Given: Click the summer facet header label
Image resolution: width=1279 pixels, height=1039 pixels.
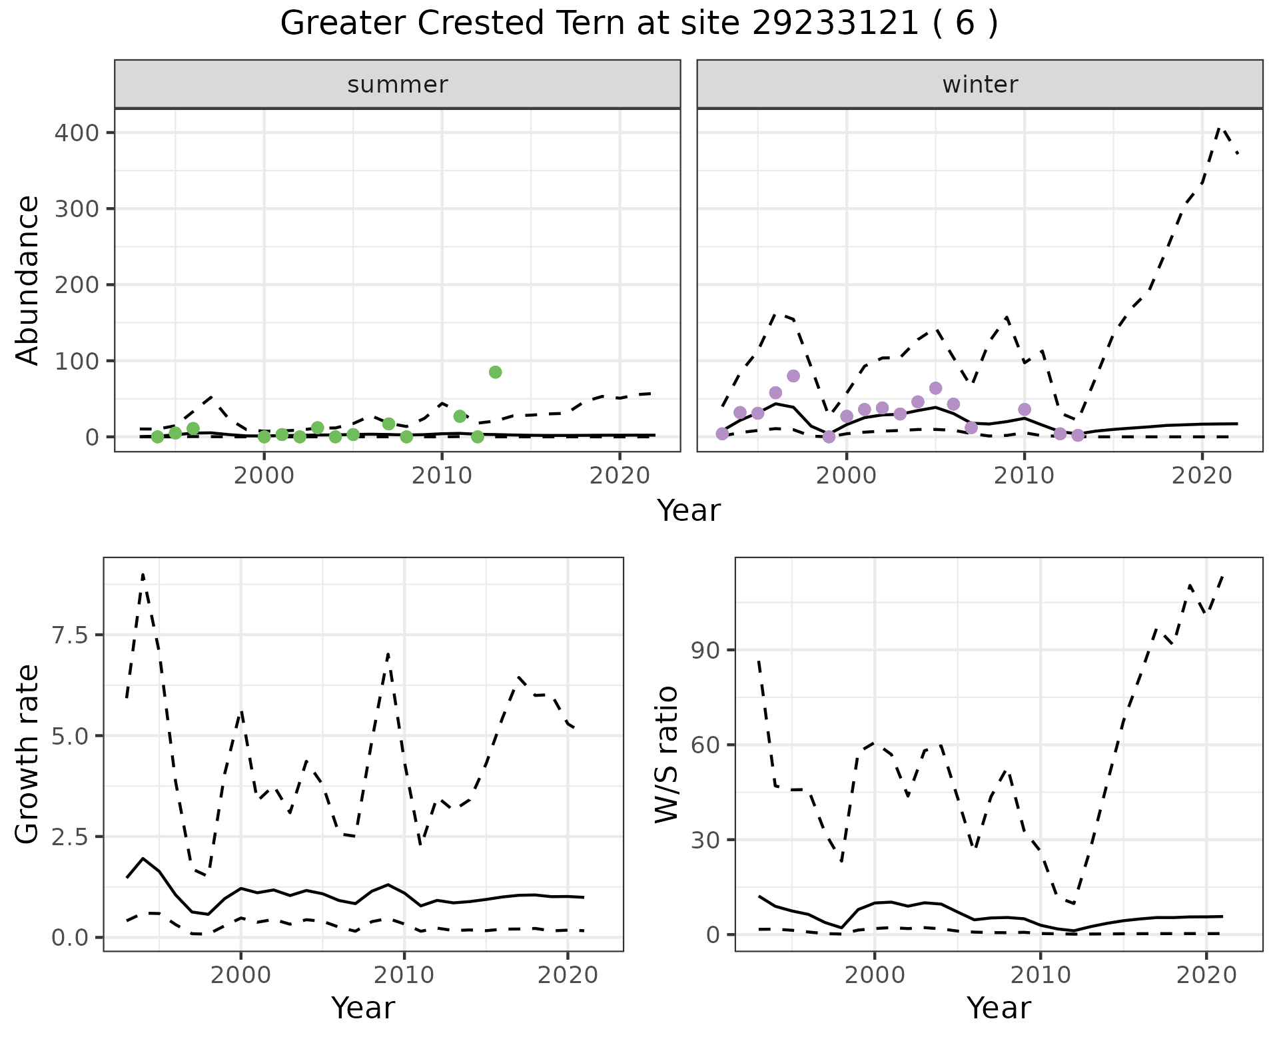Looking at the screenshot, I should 398,85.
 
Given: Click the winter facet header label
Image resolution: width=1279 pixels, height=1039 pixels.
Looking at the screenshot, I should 980,85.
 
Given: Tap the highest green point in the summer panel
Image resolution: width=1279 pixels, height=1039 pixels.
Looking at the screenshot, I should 495,372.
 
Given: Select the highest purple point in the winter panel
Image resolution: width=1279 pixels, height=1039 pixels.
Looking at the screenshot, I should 793,376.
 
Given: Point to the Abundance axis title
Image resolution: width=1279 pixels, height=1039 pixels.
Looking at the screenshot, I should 28,280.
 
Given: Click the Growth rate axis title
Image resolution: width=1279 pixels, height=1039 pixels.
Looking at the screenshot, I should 28,755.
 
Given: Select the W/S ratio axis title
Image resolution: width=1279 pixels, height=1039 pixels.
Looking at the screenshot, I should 666,755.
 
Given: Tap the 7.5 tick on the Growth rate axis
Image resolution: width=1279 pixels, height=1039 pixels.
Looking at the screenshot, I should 71,635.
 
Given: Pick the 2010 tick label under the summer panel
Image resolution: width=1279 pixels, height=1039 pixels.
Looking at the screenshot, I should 442,476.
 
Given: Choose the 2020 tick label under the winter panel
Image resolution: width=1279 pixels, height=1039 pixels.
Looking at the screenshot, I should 1202,476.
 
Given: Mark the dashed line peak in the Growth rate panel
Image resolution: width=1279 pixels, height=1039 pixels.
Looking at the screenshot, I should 143,574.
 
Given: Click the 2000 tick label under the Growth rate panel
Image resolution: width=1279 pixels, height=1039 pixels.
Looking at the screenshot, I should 241,975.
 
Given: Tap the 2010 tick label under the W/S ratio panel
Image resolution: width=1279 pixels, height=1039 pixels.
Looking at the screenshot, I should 1041,975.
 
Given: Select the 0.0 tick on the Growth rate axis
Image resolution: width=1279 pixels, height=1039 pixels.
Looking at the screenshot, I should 71,937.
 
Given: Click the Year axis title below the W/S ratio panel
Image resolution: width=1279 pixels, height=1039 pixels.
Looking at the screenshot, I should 999,1008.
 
